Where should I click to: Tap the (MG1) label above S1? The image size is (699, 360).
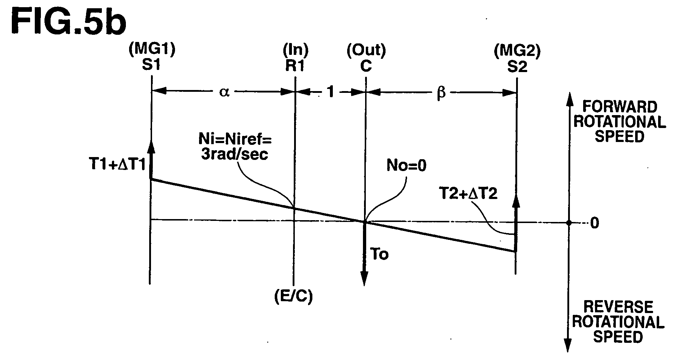point(152,51)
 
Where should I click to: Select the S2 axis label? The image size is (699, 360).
point(517,67)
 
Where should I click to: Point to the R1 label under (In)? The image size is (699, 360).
point(295,66)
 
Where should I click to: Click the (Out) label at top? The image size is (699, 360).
point(366,51)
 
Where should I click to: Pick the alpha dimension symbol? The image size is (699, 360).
point(224,92)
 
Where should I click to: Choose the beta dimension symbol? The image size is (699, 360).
point(441,93)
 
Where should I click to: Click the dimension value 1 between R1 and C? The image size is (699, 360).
point(331,92)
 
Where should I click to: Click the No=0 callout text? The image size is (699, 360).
point(406,166)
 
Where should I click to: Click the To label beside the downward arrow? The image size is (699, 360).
point(379,255)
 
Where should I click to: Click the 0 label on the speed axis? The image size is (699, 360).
point(594,223)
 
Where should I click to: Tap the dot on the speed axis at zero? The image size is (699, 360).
point(568,223)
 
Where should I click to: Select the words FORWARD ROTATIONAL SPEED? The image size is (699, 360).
point(620,122)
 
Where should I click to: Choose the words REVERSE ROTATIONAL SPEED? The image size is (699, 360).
point(618,322)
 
